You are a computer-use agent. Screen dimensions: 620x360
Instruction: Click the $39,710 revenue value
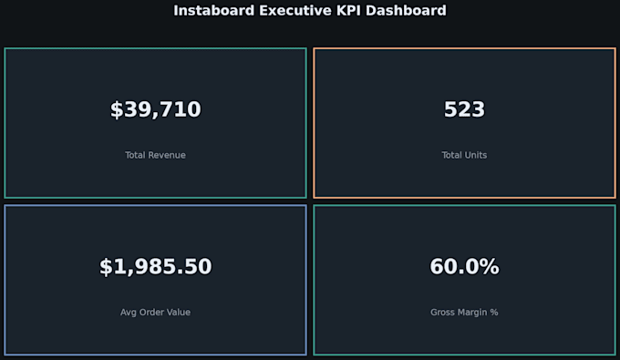click(155, 109)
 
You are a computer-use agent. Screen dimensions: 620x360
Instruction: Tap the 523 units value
click(464, 109)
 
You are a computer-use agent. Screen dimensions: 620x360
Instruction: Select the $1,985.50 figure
click(155, 266)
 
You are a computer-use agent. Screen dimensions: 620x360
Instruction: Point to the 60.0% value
click(464, 266)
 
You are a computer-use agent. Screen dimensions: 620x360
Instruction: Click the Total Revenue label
click(155, 155)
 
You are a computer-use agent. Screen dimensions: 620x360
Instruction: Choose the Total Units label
click(464, 155)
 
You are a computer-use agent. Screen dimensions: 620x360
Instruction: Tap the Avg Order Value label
click(155, 313)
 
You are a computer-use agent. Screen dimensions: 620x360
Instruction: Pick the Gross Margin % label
click(464, 313)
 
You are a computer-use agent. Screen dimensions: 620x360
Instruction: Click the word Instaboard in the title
click(214, 10)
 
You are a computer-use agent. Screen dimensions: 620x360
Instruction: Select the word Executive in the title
click(295, 10)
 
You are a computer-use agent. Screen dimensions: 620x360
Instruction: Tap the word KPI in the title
click(348, 10)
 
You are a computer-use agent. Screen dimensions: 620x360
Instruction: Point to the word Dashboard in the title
click(406, 10)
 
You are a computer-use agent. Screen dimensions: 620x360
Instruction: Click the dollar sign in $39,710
click(117, 109)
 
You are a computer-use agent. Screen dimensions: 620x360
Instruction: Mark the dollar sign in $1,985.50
click(106, 267)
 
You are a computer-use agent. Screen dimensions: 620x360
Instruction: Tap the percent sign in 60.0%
click(490, 266)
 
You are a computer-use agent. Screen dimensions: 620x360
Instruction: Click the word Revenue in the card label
click(167, 155)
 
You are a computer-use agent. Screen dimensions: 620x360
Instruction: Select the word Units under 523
click(477, 155)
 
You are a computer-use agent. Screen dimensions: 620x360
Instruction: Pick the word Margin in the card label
click(471, 313)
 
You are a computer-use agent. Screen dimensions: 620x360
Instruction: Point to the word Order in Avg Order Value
click(151, 313)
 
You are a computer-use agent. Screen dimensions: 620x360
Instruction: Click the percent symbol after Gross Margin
click(494, 313)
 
